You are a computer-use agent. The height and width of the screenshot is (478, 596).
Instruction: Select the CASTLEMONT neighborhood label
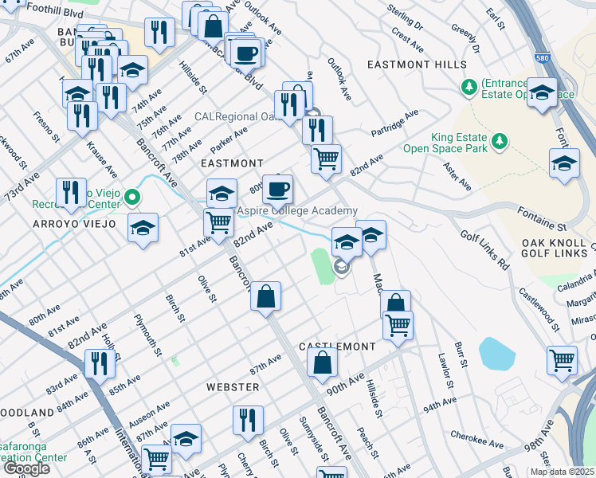coord(337,347)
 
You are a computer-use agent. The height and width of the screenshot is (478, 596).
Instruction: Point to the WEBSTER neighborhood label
coord(233,387)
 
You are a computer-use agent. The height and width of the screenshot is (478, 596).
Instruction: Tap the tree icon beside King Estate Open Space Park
coord(500,141)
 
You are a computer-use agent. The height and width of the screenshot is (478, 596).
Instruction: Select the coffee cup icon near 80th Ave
coord(277,190)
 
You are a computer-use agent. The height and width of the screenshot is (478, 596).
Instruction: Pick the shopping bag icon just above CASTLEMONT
coord(322,363)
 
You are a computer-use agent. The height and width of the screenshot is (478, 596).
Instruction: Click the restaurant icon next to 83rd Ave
coord(100,363)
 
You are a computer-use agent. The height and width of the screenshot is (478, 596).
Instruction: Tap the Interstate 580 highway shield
coord(543,57)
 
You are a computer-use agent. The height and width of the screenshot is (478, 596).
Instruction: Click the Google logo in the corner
coord(27,468)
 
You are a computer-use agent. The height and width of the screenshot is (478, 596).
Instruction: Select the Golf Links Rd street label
coord(486,249)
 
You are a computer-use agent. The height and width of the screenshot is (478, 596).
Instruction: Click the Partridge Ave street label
coord(394,126)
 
